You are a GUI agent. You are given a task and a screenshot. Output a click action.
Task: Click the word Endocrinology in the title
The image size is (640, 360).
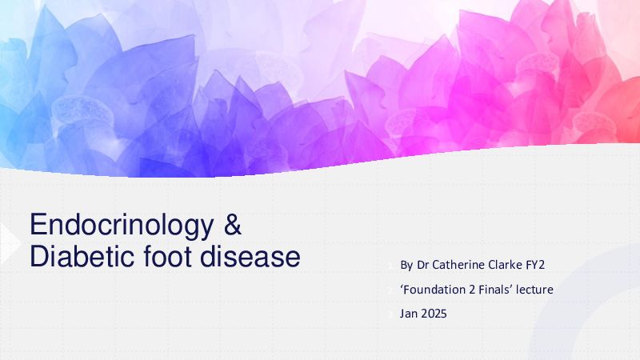(x=122, y=226)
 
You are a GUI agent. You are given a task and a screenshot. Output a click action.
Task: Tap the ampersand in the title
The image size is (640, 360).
(x=233, y=224)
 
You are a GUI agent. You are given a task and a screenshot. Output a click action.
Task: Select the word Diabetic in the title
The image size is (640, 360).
(x=82, y=256)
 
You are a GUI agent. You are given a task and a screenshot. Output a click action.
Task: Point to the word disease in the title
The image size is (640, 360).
(x=250, y=256)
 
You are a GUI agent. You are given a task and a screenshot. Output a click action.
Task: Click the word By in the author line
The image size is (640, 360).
(x=406, y=266)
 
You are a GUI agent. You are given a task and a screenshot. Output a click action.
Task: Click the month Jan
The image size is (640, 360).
(x=409, y=314)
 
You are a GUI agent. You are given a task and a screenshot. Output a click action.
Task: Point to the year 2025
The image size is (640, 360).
(x=434, y=314)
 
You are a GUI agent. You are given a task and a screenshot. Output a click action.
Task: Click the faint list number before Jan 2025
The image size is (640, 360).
(x=390, y=314)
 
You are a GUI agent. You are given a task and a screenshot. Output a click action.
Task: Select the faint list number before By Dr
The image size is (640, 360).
(x=390, y=266)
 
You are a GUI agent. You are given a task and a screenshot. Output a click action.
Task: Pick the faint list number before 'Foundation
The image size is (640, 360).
(x=390, y=290)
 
